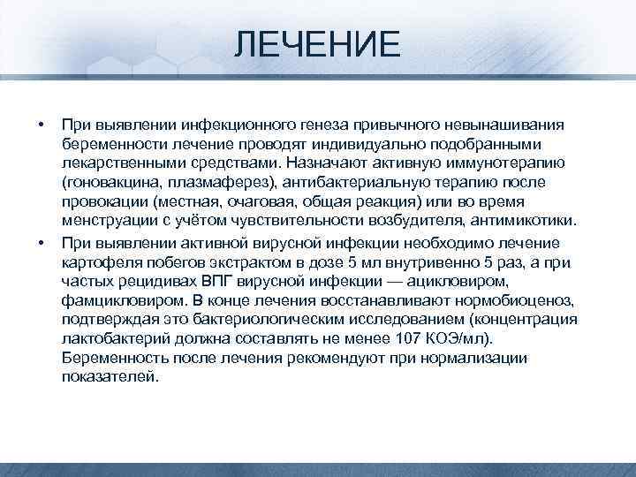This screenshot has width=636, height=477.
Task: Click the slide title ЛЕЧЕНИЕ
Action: click(317, 42)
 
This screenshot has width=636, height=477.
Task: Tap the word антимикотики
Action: click(527, 222)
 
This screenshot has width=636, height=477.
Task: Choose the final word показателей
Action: click(111, 377)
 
